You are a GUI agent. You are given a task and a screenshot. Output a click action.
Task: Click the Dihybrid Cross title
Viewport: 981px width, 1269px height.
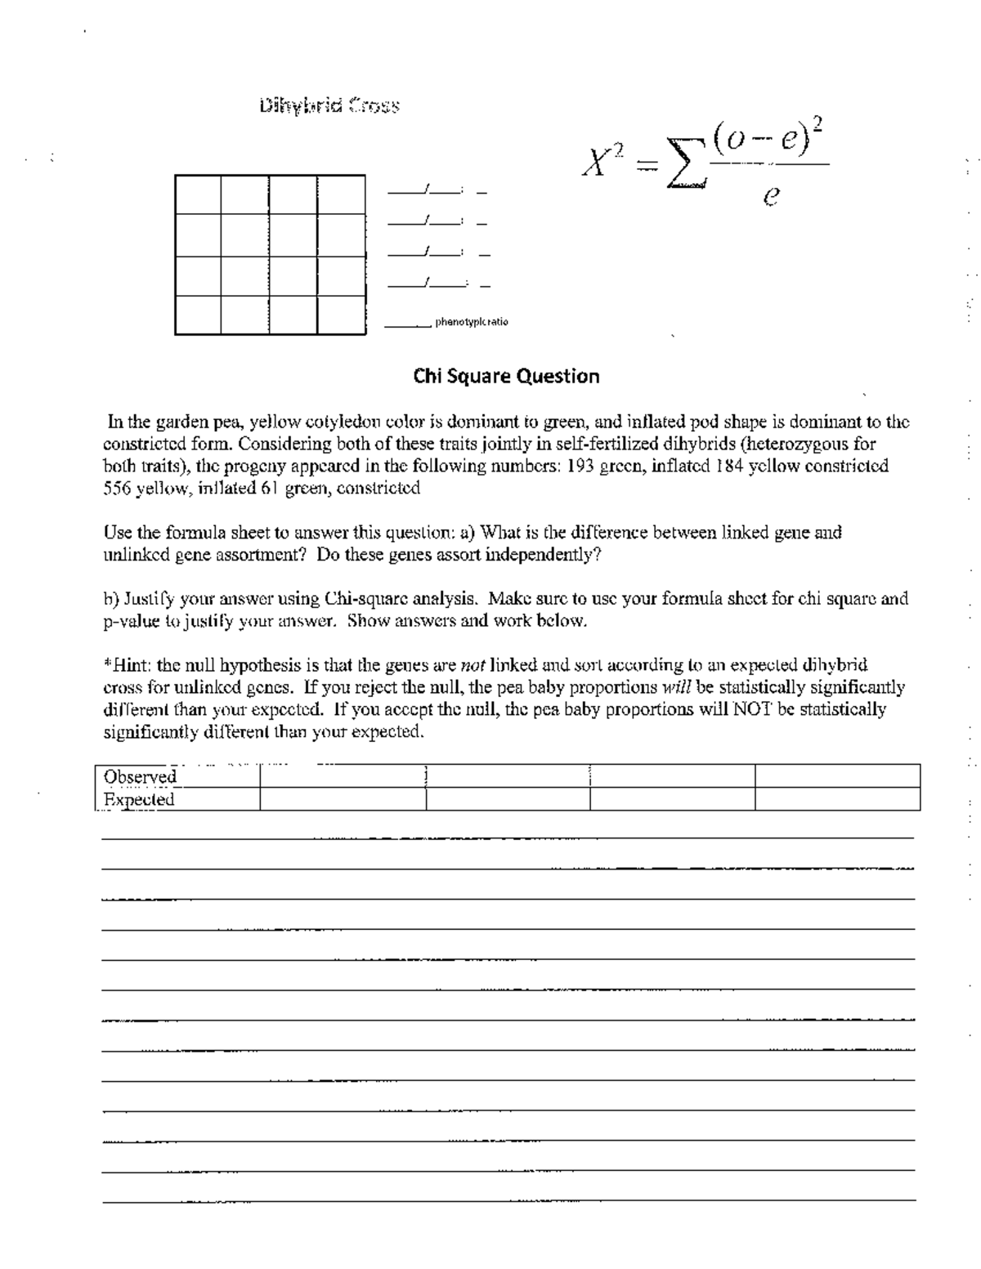tap(329, 105)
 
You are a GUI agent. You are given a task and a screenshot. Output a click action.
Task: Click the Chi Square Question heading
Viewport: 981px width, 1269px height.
tap(506, 376)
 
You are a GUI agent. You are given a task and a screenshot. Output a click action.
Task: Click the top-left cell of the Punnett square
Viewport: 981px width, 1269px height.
tap(198, 194)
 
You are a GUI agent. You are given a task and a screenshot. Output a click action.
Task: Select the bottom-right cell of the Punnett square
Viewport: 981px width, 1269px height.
tap(341, 315)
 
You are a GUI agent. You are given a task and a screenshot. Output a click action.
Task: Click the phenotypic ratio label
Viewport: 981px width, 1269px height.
tap(472, 322)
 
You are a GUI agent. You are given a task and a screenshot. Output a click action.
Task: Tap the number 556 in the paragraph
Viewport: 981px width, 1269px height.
tap(117, 489)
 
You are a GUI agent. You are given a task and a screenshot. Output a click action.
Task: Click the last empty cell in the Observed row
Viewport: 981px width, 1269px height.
tap(837, 776)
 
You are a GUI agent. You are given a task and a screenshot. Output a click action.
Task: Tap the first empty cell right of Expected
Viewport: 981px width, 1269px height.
tap(343, 800)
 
